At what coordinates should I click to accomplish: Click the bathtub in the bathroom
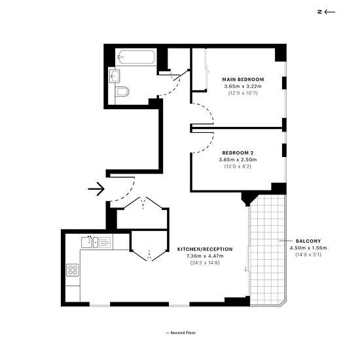136,57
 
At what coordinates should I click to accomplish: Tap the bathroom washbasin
115,76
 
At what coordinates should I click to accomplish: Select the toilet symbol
122,92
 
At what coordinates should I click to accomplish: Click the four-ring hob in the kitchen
73,270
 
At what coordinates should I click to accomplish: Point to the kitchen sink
90,242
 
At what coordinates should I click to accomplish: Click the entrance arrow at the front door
96,189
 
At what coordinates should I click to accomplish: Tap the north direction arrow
330,12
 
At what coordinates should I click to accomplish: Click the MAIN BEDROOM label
243,79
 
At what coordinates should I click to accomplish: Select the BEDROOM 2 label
238,153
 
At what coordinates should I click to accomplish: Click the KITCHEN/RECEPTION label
205,249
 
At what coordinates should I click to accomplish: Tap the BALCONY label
308,241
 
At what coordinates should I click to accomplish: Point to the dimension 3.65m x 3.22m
243,86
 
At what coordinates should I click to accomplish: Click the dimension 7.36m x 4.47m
205,256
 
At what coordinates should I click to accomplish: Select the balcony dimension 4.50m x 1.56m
308,248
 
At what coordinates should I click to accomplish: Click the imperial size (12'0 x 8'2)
238,166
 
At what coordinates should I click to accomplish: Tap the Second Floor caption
183,333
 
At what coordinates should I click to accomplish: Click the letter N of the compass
319,12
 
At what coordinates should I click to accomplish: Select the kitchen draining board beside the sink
105,242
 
